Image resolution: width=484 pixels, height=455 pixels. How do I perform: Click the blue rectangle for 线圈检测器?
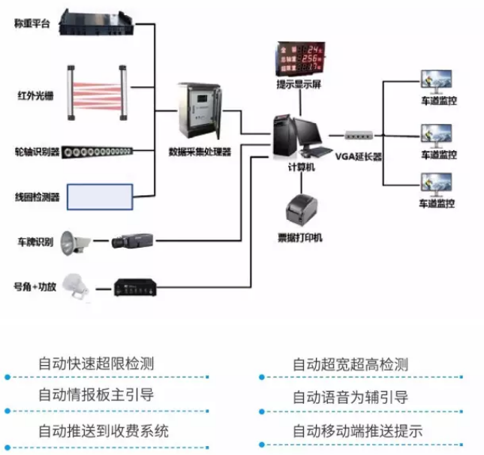point(100,197)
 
